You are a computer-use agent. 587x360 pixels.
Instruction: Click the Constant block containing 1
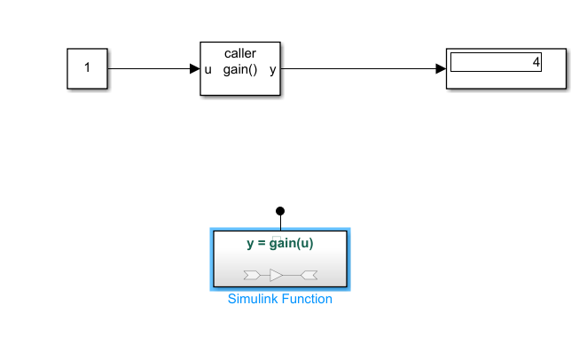pyautogui.click(x=87, y=68)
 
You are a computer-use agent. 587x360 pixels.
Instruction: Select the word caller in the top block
pyautogui.click(x=239, y=53)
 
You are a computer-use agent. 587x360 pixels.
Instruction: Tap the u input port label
pyautogui.click(x=208, y=69)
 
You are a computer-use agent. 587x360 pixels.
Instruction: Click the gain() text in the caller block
pyautogui.click(x=239, y=69)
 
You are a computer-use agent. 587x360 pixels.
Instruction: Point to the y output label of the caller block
pyautogui.click(x=272, y=69)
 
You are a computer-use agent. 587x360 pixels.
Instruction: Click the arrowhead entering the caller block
pyautogui.click(x=194, y=68)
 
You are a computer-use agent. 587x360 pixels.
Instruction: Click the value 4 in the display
pyautogui.click(x=536, y=62)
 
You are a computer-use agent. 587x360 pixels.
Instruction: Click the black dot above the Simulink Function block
pyautogui.click(x=280, y=211)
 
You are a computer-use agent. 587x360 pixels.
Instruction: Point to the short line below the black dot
pyautogui.click(x=280, y=223)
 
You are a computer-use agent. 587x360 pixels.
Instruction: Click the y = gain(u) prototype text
pyautogui.click(x=280, y=243)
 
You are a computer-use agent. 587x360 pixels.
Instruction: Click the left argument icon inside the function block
pyautogui.click(x=251, y=273)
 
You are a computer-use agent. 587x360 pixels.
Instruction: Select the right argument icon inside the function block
pyautogui.click(x=309, y=273)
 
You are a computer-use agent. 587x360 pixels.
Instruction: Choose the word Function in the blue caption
pyautogui.click(x=308, y=299)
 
